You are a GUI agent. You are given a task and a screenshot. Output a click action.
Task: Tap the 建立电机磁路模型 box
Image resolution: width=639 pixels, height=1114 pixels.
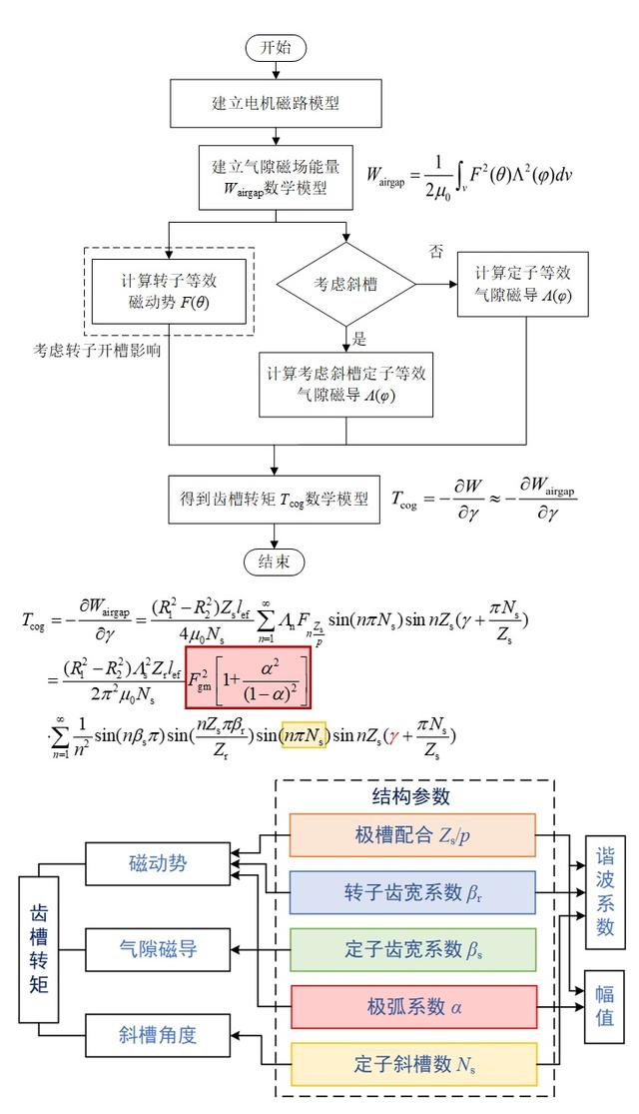coord(275,102)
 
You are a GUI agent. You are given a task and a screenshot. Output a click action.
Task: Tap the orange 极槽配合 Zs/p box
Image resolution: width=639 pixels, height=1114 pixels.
coord(413,835)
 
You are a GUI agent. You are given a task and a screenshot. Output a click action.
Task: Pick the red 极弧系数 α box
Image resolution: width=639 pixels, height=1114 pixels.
coord(413,1006)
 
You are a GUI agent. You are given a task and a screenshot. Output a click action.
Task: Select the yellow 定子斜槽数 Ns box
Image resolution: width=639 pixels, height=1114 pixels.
coord(413,1063)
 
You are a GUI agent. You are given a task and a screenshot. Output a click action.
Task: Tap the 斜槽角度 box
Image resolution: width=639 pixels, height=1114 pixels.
coord(153,1035)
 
